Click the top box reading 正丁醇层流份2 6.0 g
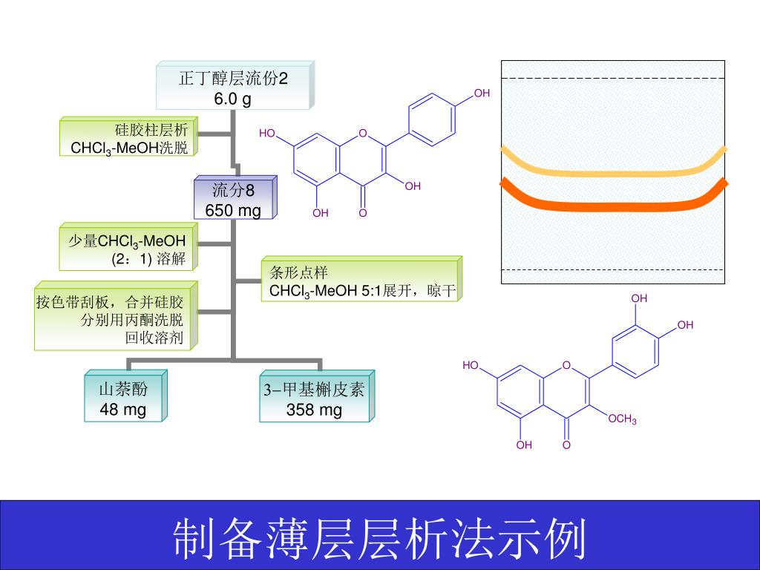[x=233, y=86]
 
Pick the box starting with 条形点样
[x=361, y=281]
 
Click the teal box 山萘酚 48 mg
[x=123, y=399]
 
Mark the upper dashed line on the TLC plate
[x=613, y=78]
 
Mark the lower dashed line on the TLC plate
[x=613, y=269]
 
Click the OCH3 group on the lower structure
[x=622, y=420]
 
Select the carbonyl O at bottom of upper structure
[x=363, y=213]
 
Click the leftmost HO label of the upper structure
[x=267, y=134]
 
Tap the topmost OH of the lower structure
[x=639, y=298]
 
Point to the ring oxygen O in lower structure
[x=566, y=365]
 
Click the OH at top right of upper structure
[x=482, y=94]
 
